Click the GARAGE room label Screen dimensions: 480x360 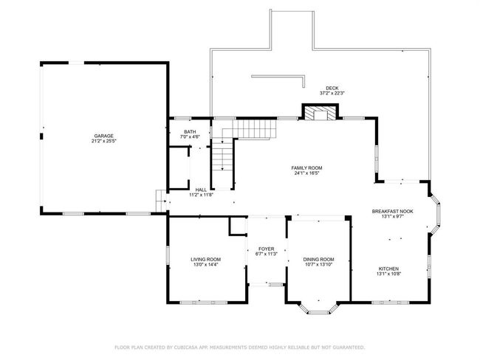click(104, 136)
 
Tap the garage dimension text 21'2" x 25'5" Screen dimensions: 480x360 click(104, 141)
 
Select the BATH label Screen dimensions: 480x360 click(190, 132)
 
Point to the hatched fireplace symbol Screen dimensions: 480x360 click(320, 113)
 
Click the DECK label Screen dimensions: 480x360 click(332, 89)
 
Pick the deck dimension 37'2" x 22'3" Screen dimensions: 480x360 click(332, 94)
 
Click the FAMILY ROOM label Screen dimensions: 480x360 click(306, 168)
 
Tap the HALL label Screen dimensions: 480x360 click(201, 190)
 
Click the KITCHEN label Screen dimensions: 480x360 click(388, 269)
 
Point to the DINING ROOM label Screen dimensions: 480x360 click(318, 260)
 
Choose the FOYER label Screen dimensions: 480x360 click(267, 249)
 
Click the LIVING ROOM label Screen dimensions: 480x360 click(206, 260)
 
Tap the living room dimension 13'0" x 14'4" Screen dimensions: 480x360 click(206, 265)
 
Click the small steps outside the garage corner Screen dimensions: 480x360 click(161, 201)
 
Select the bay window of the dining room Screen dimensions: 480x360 click(318, 308)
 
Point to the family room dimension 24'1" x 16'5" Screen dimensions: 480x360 click(306, 173)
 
